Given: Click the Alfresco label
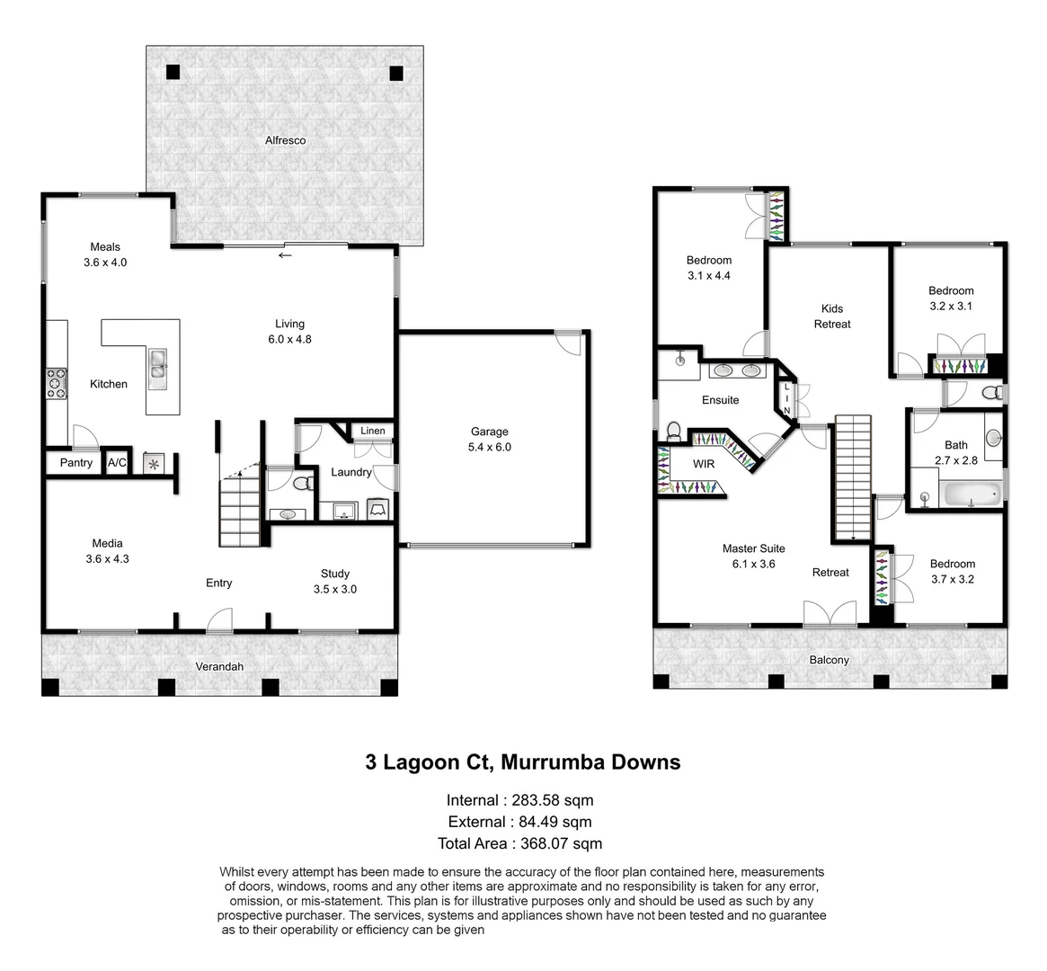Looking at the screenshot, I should coord(285,140).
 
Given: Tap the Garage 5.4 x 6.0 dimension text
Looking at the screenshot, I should coord(490,447).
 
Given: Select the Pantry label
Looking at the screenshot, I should coord(76,463).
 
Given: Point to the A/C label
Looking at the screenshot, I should coord(117,463).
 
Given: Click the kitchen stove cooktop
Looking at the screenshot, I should coord(57,383).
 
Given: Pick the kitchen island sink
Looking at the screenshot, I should coord(158,363).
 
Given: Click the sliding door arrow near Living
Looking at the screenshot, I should coord(285,255).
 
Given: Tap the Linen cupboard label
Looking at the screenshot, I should coord(373,431).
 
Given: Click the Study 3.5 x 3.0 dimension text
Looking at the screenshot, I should coord(335,589).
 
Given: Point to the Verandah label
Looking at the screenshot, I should coord(220,666).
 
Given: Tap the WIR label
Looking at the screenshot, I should coord(703,465).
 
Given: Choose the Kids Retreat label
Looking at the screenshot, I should coord(831,316).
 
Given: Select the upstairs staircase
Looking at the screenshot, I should coord(853,477).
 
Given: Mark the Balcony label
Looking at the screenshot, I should coord(829,660).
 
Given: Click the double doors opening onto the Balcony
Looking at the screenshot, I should coord(830,613).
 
